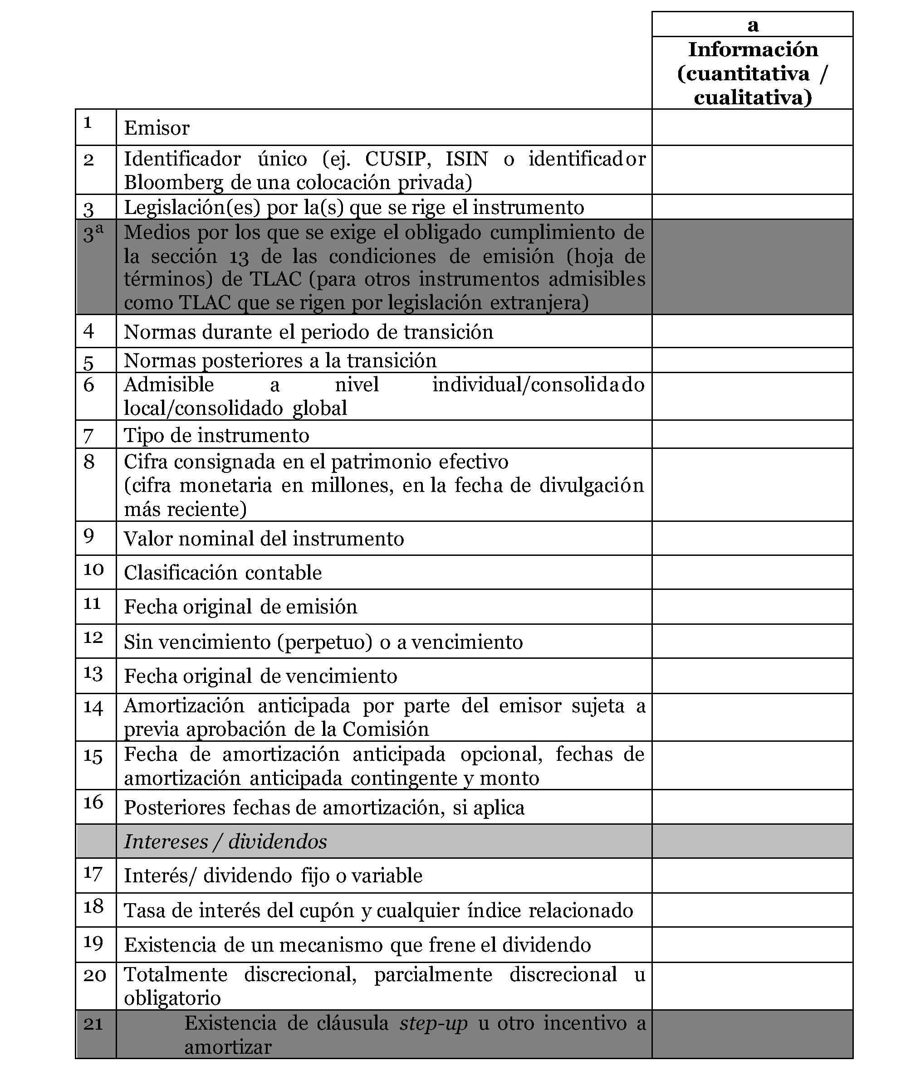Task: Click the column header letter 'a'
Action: (752, 24)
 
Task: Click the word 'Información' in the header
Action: (753, 49)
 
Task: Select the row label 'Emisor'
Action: (157, 128)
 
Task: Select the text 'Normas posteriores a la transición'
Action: (280, 360)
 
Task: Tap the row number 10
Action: (93, 569)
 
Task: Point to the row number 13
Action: (93, 674)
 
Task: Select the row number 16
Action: (93, 802)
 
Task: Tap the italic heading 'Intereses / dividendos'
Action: (225, 842)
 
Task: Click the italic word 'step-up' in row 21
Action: (433, 1023)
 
